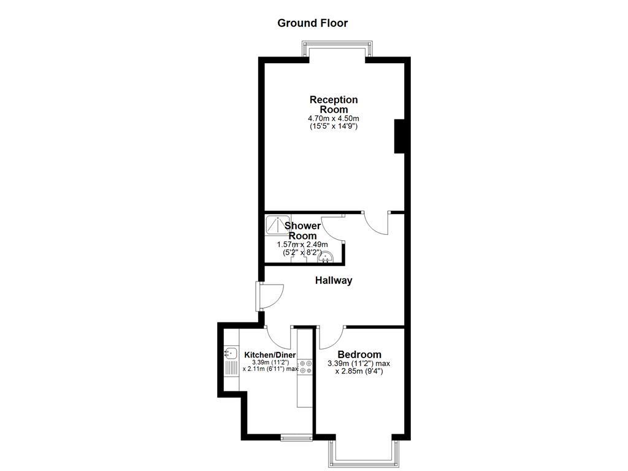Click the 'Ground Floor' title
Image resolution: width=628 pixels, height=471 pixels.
pyautogui.click(x=312, y=23)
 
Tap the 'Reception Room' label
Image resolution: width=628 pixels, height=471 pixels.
pyautogui.click(x=333, y=104)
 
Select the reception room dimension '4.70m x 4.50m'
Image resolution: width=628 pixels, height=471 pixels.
pyautogui.click(x=333, y=118)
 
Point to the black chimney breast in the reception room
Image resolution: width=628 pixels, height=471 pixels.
pyautogui.click(x=399, y=136)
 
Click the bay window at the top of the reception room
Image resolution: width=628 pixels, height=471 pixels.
pyautogui.click(x=337, y=49)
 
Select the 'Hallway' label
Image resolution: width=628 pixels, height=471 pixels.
pyautogui.click(x=334, y=280)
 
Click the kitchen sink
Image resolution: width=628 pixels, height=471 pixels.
pyautogui.click(x=231, y=353)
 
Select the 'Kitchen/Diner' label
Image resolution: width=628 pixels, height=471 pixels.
pyautogui.click(x=270, y=355)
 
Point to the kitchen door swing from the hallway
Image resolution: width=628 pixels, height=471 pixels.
pyautogui.click(x=280, y=337)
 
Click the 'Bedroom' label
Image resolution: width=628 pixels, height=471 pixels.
pyautogui.click(x=359, y=354)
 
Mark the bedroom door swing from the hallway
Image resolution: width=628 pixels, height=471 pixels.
pyautogui.click(x=332, y=337)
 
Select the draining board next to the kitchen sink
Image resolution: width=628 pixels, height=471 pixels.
pyautogui.click(x=231, y=368)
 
